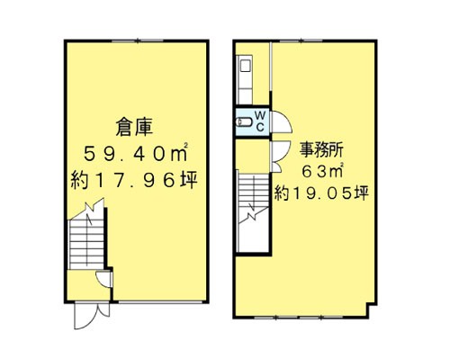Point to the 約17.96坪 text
click(134, 182)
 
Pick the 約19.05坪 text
click(322, 192)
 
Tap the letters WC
click(259, 121)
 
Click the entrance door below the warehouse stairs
click(86, 311)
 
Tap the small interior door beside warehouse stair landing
click(104, 278)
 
